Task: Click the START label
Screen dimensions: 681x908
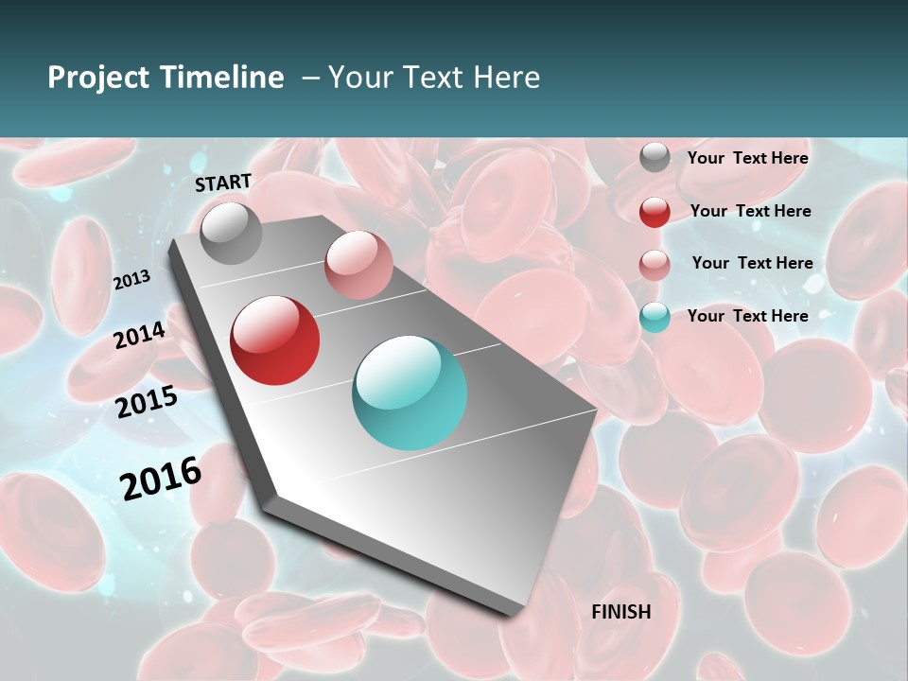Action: (223, 183)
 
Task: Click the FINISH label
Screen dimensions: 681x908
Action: (620, 612)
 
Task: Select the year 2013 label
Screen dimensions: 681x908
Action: (131, 280)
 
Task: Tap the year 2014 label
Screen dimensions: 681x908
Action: (139, 335)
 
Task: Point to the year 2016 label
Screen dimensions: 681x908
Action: (161, 478)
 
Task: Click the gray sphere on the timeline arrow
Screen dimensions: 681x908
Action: (231, 233)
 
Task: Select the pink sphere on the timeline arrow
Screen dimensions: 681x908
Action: (358, 265)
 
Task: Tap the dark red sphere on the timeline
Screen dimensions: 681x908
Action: (275, 340)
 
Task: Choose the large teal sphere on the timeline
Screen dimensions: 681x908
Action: (410, 393)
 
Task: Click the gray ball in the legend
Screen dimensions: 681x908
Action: (655, 157)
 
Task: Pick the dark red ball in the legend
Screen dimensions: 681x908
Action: (655, 212)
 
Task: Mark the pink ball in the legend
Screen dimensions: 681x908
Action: (655, 265)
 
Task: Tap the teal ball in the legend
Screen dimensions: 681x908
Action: (655, 317)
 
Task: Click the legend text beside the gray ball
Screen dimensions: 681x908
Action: (747, 158)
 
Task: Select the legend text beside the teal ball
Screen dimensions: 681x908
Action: (747, 316)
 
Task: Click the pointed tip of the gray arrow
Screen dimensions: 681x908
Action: (516, 613)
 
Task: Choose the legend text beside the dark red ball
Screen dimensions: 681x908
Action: (750, 211)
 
